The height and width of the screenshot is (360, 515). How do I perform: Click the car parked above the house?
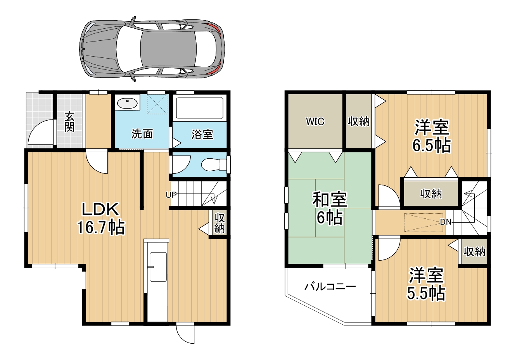tap(152, 49)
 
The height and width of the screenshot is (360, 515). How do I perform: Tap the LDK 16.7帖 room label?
tap(100, 218)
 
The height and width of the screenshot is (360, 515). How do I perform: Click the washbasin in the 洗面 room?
tap(127, 103)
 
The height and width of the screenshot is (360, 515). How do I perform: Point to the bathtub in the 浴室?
tap(199, 108)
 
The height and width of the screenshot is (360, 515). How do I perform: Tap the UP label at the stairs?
tap(171, 195)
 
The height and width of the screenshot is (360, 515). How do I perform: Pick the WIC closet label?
tap(315, 121)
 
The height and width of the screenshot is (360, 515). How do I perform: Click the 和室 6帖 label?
tap(330, 208)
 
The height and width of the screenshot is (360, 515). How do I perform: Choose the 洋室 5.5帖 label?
tap(426, 284)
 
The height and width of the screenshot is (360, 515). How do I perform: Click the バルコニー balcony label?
tap(330, 287)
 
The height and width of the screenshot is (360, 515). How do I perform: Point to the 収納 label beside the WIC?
tap(359, 121)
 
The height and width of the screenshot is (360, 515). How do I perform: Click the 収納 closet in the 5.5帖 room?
tap(474, 252)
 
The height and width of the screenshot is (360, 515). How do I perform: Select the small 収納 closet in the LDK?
tap(219, 222)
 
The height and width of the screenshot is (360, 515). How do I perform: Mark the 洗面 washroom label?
tap(142, 134)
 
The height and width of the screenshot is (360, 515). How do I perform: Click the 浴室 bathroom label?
tap(202, 134)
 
